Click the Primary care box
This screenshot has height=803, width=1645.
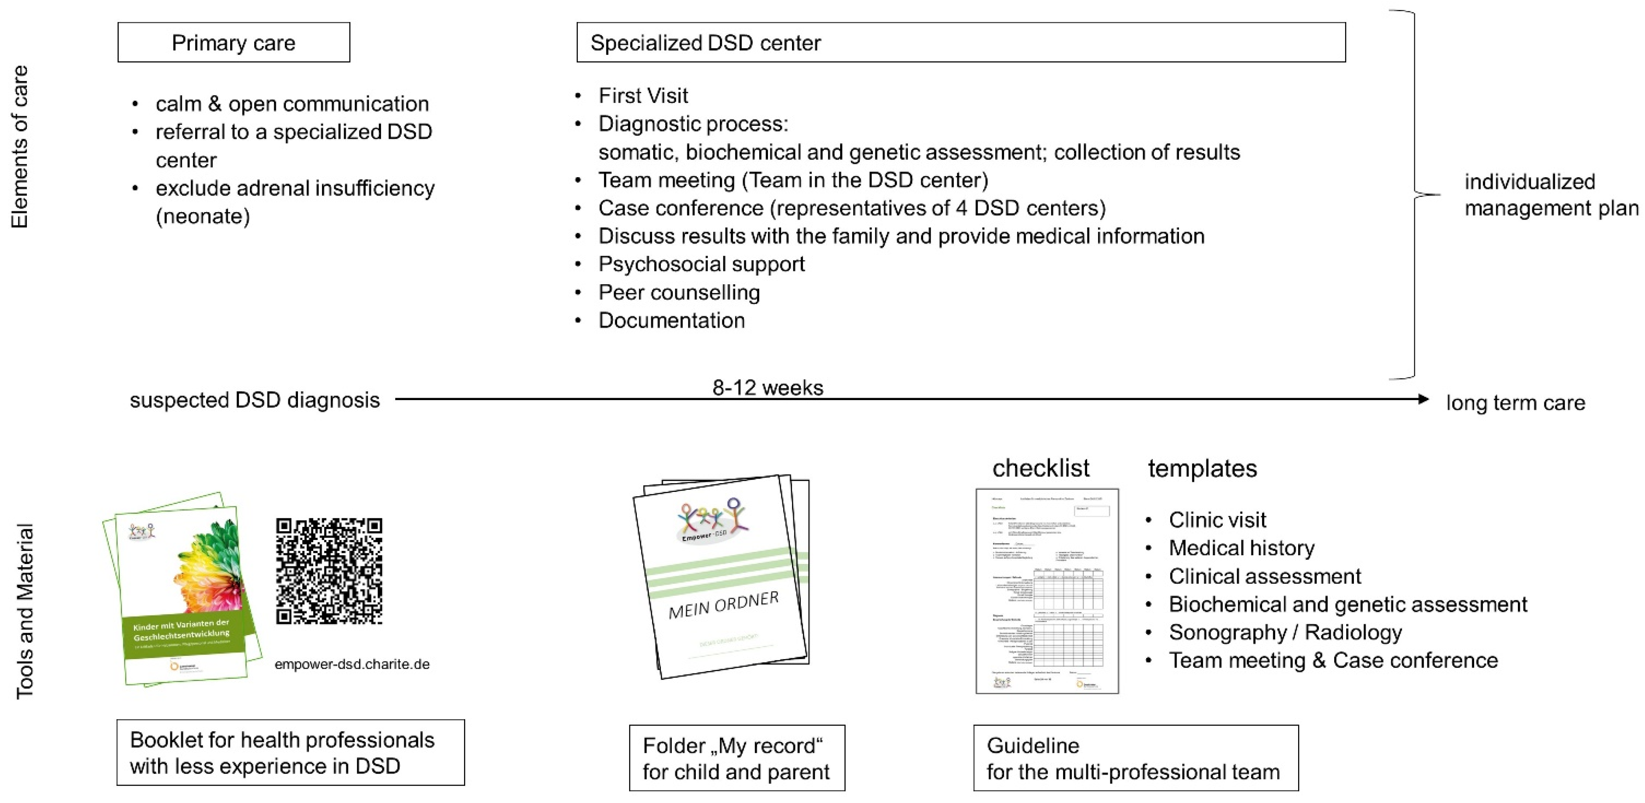tap(234, 43)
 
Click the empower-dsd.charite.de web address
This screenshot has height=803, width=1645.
tap(352, 664)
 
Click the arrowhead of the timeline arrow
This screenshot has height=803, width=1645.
tap(1423, 399)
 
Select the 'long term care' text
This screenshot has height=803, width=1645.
tap(1515, 403)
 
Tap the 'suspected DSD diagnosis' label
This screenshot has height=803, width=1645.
tap(254, 400)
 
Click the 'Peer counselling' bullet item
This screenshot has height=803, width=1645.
tap(679, 292)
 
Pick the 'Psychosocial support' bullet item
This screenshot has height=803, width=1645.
tap(701, 264)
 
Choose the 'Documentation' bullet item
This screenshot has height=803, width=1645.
tap(671, 320)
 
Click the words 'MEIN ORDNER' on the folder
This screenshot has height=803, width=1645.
tap(723, 605)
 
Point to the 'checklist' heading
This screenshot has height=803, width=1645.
tap(1040, 469)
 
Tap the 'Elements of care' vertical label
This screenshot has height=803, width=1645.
tap(20, 147)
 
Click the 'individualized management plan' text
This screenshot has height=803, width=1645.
tap(1550, 195)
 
